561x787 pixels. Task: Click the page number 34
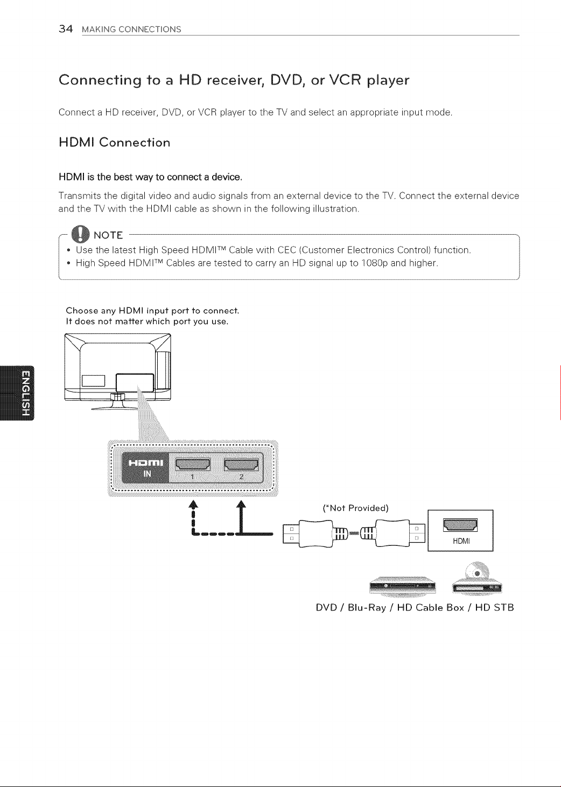tap(66, 29)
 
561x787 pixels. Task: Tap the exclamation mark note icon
tap(80, 234)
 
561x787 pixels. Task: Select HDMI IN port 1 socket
tap(193, 465)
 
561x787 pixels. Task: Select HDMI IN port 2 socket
tap(241, 465)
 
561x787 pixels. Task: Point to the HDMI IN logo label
tap(145, 468)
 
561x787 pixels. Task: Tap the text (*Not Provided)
tap(355, 508)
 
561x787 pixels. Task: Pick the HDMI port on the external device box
tap(460, 525)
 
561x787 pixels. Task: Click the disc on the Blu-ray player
tap(476, 572)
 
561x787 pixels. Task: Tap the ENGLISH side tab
tap(17, 393)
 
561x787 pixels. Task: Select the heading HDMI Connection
tap(115, 142)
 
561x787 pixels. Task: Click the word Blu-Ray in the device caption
tap(367, 607)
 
